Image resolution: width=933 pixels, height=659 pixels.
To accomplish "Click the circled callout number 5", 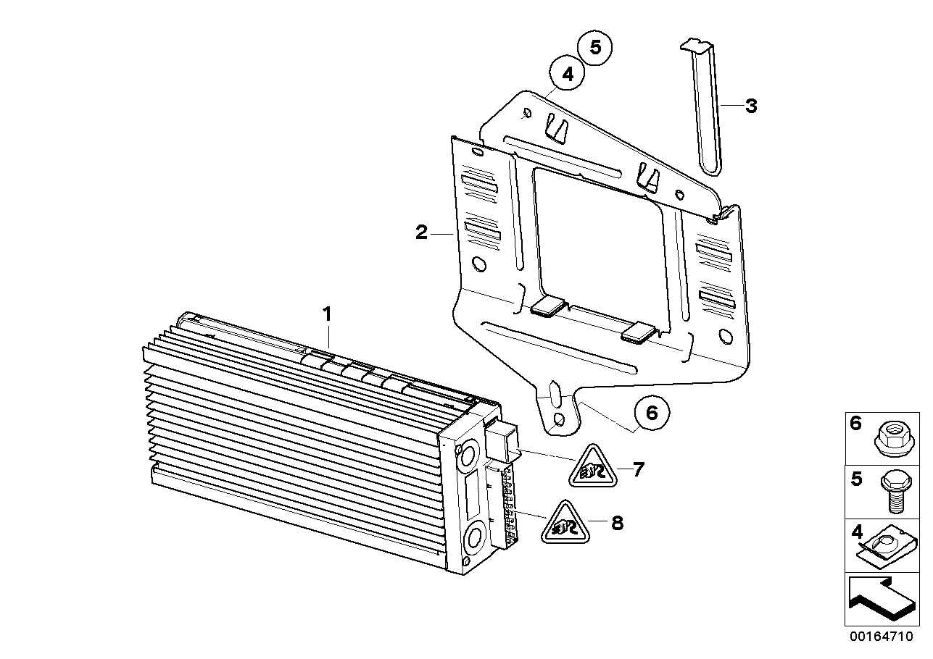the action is click(594, 48).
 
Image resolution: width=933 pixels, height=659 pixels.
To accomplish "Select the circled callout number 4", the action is click(567, 74).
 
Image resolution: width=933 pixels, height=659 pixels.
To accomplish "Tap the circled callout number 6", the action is click(652, 413).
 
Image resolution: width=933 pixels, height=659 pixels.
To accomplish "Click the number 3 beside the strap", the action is click(751, 106).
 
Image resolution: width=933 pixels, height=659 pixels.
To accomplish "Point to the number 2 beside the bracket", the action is click(421, 232).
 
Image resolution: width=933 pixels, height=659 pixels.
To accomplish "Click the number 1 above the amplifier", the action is click(328, 314).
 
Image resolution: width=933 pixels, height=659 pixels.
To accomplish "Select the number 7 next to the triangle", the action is click(639, 469).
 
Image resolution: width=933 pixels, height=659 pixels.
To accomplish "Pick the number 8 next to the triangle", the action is click(617, 523).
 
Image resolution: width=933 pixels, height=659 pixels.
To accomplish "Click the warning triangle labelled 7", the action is click(593, 468).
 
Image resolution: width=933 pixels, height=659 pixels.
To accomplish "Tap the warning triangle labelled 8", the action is click(565, 524).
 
